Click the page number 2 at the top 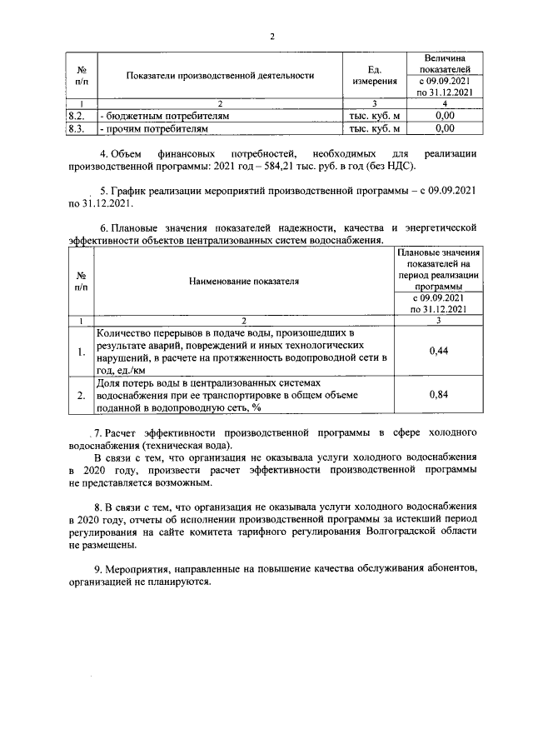271,36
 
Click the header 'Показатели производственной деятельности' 220,76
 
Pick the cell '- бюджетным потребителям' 163,117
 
